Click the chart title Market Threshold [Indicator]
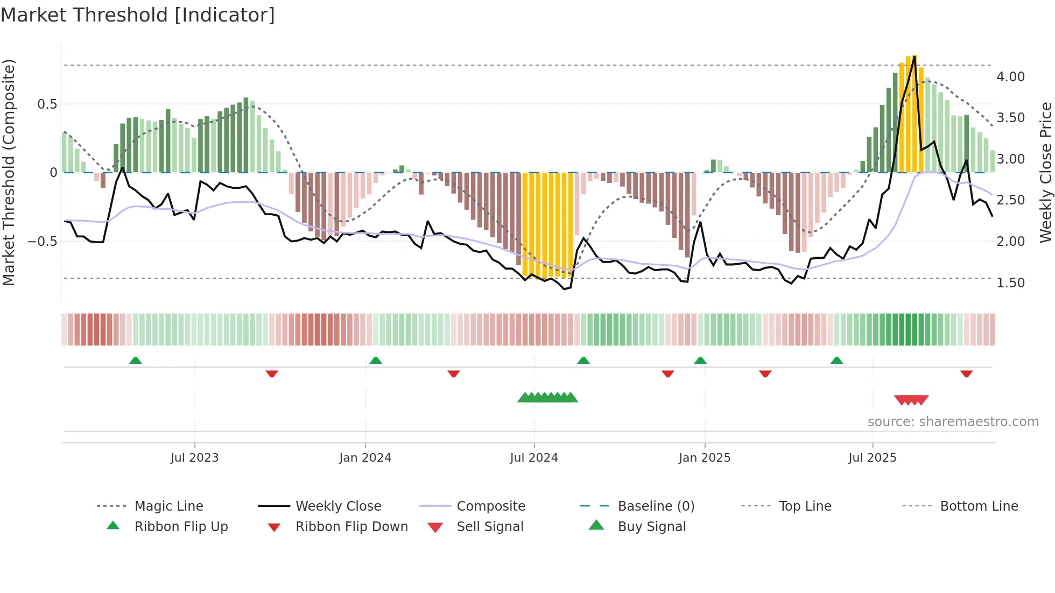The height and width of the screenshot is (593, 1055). pyautogui.click(x=138, y=15)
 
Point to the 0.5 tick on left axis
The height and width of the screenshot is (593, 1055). pyautogui.click(x=47, y=104)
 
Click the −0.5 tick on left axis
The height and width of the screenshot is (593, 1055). pyautogui.click(x=43, y=242)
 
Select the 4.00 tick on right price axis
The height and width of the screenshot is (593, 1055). pyautogui.click(x=1010, y=77)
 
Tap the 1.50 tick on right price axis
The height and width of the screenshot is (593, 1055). pyautogui.click(x=1010, y=283)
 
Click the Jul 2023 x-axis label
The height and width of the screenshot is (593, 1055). pyautogui.click(x=194, y=458)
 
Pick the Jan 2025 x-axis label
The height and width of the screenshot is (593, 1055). pyautogui.click(x=704, y=458)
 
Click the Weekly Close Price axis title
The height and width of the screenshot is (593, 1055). pyautogui.click(x=1045, y=172)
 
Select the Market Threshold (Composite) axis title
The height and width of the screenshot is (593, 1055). pyautogui.click(x=9, y=172)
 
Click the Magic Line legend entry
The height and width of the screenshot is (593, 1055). pyautogui.click(x=168, y=506)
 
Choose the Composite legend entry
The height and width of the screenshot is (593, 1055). pyautogui.click(x=490, y=506)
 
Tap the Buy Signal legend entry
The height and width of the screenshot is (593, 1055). pyautogui.click(x=651, y=527)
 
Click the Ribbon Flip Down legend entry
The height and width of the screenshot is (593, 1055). pyautogui.click(x=351, y=527)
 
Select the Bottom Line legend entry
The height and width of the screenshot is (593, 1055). pyautogui.click(x=979, y=506)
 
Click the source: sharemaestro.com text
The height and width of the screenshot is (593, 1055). pyautogui.click(x=953, y=422)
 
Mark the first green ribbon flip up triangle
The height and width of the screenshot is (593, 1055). pyautogui.click(x=136, y=361)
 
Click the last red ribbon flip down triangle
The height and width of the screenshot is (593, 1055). pyautogui.click(x=966, y=373)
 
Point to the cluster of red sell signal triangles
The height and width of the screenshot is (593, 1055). pyautogui.click(x=911, y=400)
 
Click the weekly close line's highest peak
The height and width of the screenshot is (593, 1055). pyautogui.click(x=914, y=57)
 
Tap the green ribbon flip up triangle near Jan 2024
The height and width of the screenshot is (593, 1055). pyautogui.click(x=376, y=361)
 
